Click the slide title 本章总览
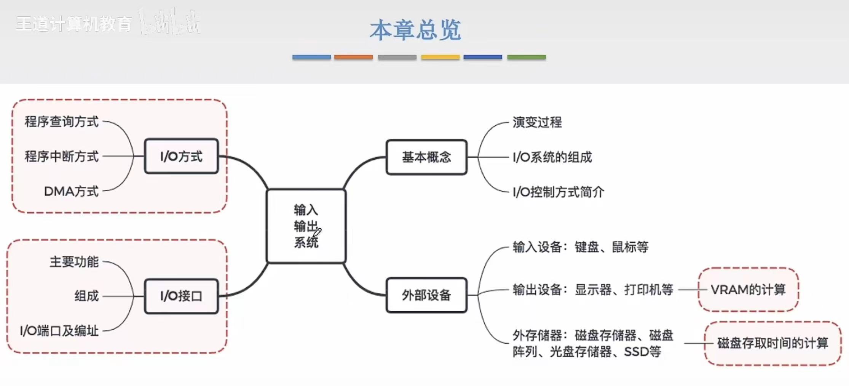pos(415,30)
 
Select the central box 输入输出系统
pos(306,226)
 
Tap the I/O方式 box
pos(181,156)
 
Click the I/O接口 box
pos(181,296)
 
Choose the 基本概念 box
pos(426,157)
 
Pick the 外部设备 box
pos(426,295)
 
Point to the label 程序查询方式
pos(62,122)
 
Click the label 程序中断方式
pos(62,156)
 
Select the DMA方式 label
pos(71,191)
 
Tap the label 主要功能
pos(74,262)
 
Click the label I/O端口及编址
pos(59,331)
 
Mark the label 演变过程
pos(537,122)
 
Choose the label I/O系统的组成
pos(552,157)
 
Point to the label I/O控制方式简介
pos(558,192)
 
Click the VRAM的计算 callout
pos(748,290)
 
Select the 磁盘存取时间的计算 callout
pos(772,343)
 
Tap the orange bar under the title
pos(353,57)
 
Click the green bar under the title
pos(526,57)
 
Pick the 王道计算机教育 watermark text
pos(74,24)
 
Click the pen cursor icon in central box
pos(317,232)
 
